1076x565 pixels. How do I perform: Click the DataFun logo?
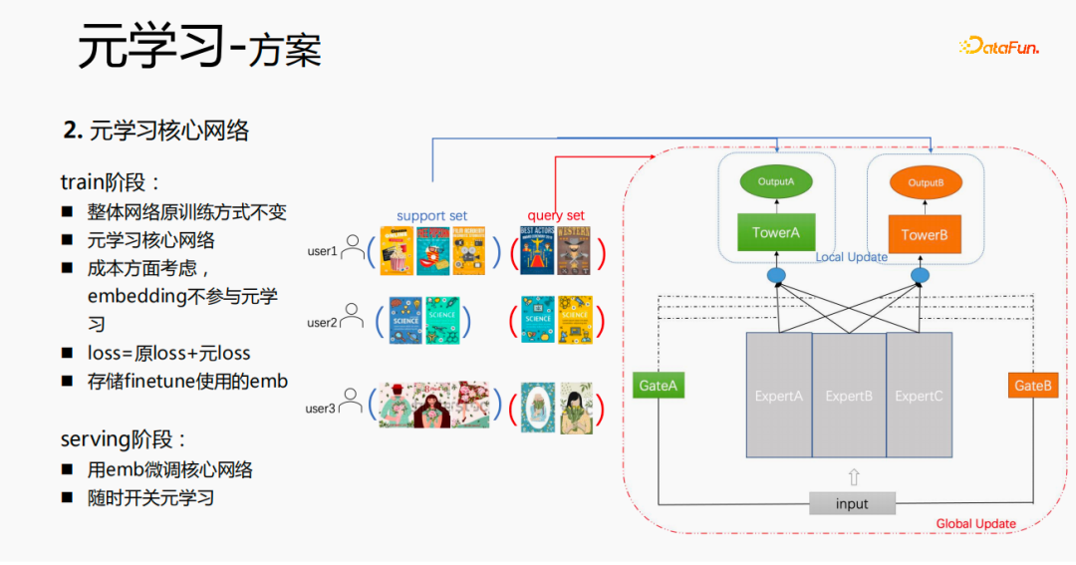coord(998,46)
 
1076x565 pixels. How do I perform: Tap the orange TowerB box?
coord(924,235)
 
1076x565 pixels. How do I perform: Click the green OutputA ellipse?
coord(776,182)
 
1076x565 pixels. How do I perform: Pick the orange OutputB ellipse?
coord(925,182)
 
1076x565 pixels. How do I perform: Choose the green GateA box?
coord(659,385)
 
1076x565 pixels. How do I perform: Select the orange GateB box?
coord(1033,385)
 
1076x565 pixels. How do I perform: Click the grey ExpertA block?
coord(779,396)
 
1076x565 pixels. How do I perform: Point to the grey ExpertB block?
coord(849,396)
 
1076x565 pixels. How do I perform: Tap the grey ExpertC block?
coord(919,396)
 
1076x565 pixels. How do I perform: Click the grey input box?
coord(852,503)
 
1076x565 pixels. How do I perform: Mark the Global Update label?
coord(975,523)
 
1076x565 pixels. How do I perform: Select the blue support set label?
coord(431,215)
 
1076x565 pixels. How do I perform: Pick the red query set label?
coord(556,215)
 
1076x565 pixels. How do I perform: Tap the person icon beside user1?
coord(353,248)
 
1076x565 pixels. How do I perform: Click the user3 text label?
coord(321,408)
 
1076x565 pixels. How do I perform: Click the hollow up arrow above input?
coord(853,476)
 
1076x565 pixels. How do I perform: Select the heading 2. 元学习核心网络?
coord(156,131)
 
